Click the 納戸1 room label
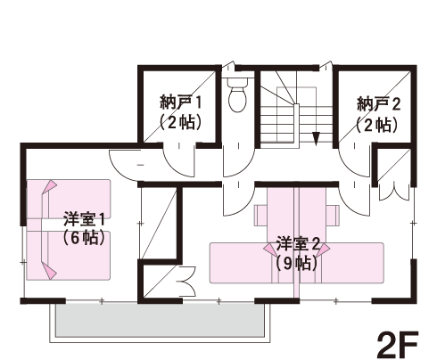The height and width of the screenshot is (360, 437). click(181, 102)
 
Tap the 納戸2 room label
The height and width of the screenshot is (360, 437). click(378, 104)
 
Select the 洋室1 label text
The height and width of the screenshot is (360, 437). click(84, 219)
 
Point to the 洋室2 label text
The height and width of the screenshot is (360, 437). click(298, 244)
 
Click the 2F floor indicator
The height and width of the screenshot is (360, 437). click(398, 345)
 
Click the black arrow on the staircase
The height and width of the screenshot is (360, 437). click(316, 138)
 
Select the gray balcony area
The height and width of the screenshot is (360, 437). click(160, 320)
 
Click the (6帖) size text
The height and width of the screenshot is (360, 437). click(84, 237)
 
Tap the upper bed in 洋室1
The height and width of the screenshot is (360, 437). click(69, 199)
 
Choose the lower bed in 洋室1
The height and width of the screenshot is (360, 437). click(69, 256)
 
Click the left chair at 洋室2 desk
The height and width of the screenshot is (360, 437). click(260, 215)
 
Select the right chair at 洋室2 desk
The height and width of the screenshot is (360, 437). click(333, 215)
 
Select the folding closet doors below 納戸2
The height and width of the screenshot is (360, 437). click(394, 192)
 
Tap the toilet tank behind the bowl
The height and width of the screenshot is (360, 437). click(237, 82)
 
